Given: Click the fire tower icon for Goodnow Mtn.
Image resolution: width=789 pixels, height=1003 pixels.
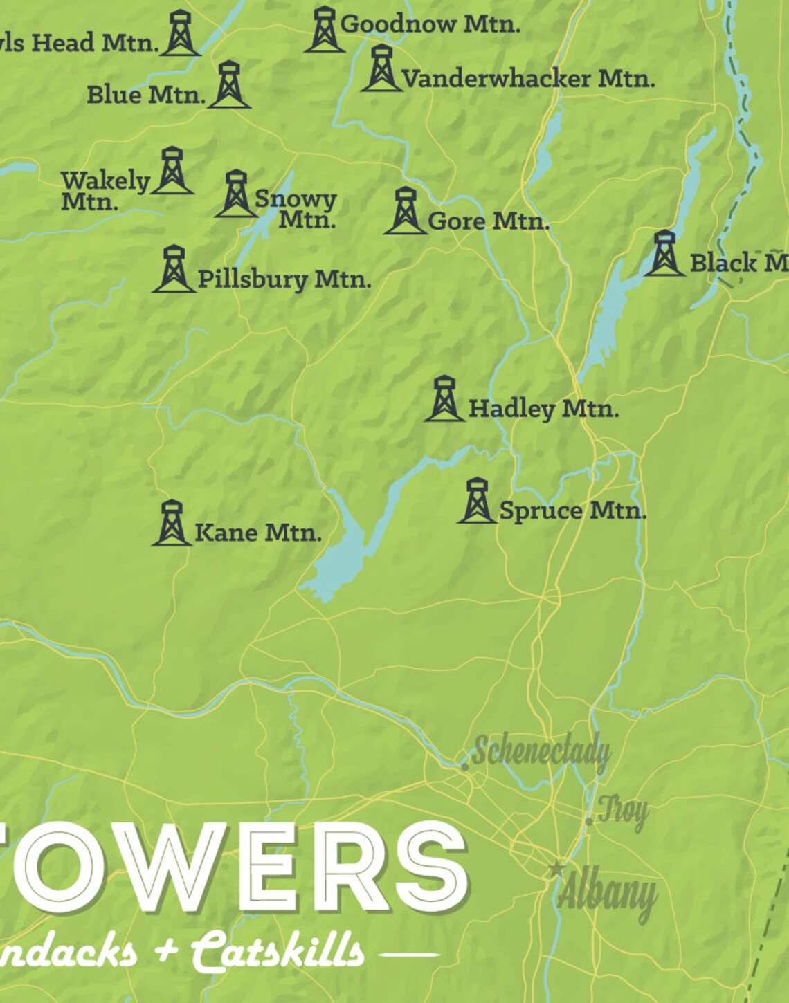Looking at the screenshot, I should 324,30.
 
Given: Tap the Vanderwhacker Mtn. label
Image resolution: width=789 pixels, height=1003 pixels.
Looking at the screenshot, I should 527,79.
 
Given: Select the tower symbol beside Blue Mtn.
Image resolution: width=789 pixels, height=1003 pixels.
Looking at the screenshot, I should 228,84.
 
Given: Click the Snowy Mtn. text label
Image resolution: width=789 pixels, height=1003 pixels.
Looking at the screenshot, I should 296,208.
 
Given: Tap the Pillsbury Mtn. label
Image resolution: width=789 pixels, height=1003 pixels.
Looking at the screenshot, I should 284,279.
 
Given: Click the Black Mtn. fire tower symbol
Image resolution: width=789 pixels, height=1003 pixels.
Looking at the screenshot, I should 664,253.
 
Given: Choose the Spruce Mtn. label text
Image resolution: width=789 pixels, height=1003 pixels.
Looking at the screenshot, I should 572,511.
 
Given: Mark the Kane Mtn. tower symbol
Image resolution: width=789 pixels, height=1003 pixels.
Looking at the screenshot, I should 172,523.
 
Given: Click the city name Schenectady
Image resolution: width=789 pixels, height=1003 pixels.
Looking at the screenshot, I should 541,753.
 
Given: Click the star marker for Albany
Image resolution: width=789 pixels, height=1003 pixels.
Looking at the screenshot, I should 556,869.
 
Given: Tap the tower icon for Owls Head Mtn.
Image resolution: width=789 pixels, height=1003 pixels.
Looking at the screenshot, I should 180,33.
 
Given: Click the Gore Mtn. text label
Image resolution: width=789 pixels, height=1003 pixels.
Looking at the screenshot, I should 488,221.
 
